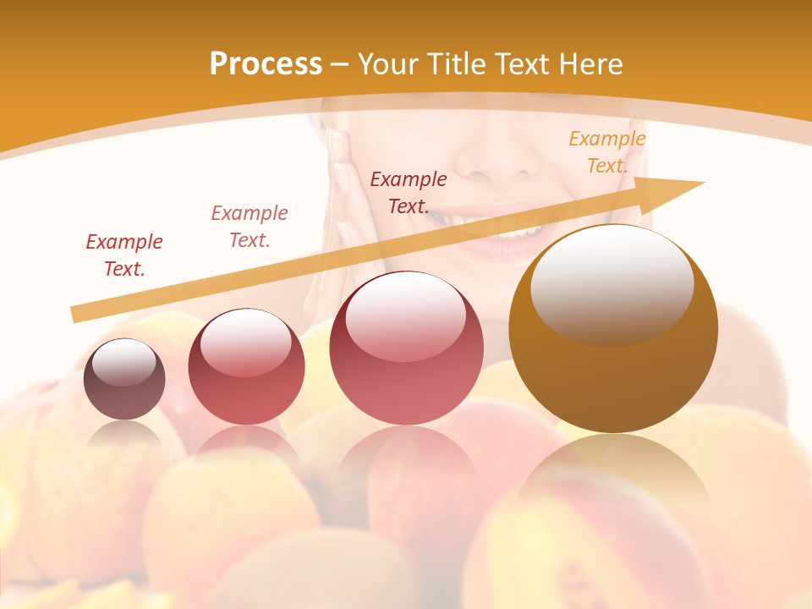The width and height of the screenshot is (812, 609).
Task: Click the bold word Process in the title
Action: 266,64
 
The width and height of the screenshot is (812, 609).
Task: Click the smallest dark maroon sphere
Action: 124,379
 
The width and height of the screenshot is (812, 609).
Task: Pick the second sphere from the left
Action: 246,366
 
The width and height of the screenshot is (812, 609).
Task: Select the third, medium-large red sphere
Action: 407,348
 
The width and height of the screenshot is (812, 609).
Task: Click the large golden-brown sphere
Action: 613,329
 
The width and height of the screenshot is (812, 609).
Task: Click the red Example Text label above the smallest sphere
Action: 123,255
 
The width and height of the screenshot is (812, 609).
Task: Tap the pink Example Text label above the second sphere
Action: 249,226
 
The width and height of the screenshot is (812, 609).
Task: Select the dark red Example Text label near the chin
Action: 408,192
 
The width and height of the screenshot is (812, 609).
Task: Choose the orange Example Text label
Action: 606,152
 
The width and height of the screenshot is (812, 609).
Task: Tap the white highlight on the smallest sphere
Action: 123,362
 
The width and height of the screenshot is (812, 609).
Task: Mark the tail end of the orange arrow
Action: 76,315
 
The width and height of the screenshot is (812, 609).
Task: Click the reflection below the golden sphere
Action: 613,474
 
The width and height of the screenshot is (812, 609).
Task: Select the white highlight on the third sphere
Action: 406,312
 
